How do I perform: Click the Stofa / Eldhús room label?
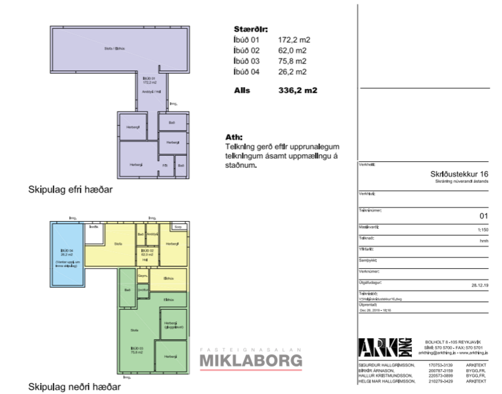coord(114,49)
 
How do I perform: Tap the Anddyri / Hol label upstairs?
coord(149,92)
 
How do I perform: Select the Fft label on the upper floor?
coord(165,165)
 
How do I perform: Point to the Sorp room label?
coord(179,227)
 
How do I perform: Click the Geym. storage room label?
coord(143,276)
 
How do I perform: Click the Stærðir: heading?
coord(251,29)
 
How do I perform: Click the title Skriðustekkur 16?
coord(458,174)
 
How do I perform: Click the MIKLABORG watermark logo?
coord(251,360)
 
